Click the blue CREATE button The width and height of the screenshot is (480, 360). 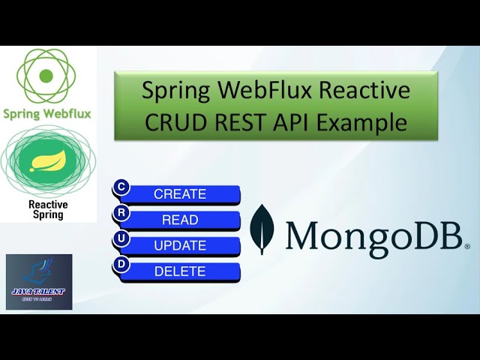pyautogui.click(x=180, y=194)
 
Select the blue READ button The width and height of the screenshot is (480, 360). pyautogui.click(x=180, y=220)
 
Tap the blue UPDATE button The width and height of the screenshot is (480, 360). pyautogui.click(x=180, y=246)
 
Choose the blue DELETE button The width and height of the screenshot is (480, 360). pyautogui.click(x=180, y=271)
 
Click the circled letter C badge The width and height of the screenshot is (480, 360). pyautogui.click(x=121, y=187)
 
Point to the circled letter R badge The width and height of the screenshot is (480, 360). pyautogui.click(x=121, y=213)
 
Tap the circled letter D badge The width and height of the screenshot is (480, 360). pyautogui.click(x=121, y=264)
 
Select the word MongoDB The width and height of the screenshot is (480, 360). pyautogui.click(x=376, y=234)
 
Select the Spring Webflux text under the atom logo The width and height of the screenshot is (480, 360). pyautogui.click(x=47, y=114)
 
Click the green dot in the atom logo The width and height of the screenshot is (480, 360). pyautogui.click(x=46, y=76)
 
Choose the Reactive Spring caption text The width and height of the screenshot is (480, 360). pyautogui.click(x=47, y=209)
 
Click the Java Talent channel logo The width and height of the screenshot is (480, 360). pyautogui.click(x=39, y=282)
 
